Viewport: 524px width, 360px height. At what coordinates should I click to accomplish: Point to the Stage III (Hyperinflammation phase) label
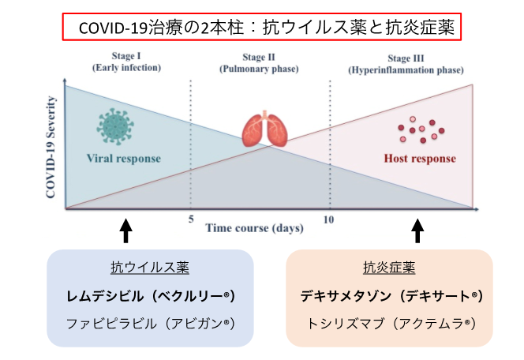pyautogui.click(x=406, y=62)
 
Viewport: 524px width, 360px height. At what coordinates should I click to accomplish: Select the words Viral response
pyautogui.click(x=123, y=159)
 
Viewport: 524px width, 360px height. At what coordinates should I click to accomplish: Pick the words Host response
pyautogui.click(x=420, y=159)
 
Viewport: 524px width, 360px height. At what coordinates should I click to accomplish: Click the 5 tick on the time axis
pyautogui.click(x=191, y=219)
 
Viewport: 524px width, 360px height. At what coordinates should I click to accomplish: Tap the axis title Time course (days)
pyautogui.click(x=255, y=228)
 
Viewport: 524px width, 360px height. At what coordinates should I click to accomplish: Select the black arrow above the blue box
pyautogui.click(x=125, y=231)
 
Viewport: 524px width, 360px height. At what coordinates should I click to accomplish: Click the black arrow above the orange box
pyautogui.click(x=418, y=231)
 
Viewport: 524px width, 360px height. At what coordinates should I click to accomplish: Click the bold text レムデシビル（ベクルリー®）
pyautogui.click(x=150, y=296)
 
